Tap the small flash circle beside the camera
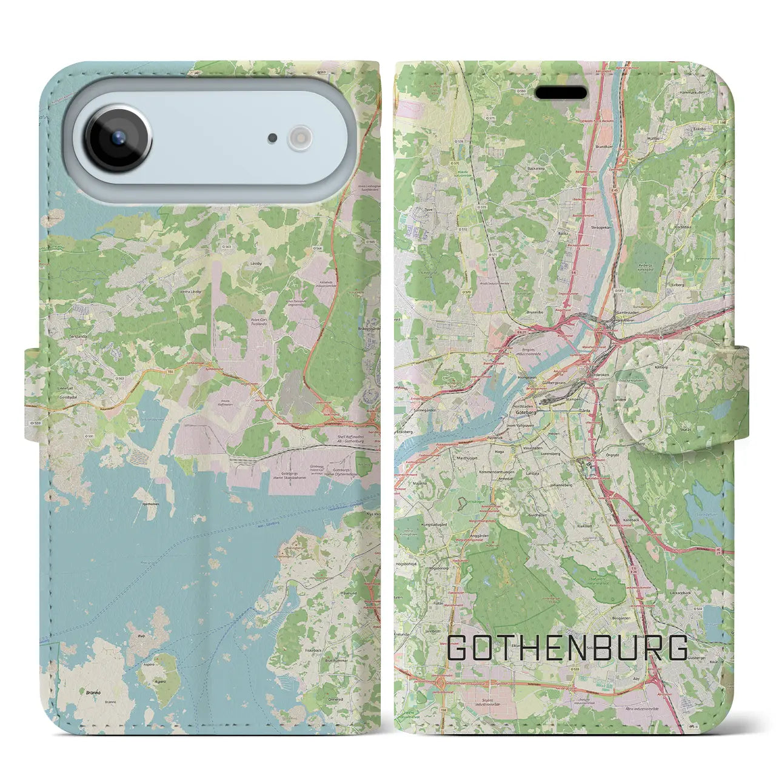coord(299,137)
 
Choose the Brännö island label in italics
coord(93,691)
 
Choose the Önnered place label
coord(335,699)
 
